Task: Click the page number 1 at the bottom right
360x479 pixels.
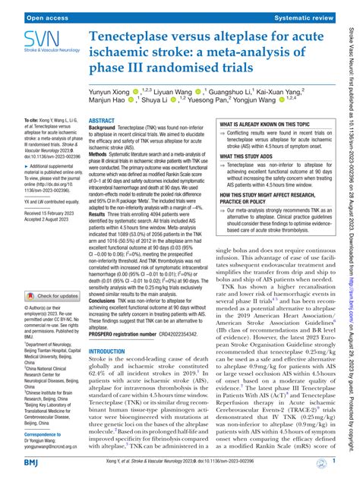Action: point(335,461)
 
